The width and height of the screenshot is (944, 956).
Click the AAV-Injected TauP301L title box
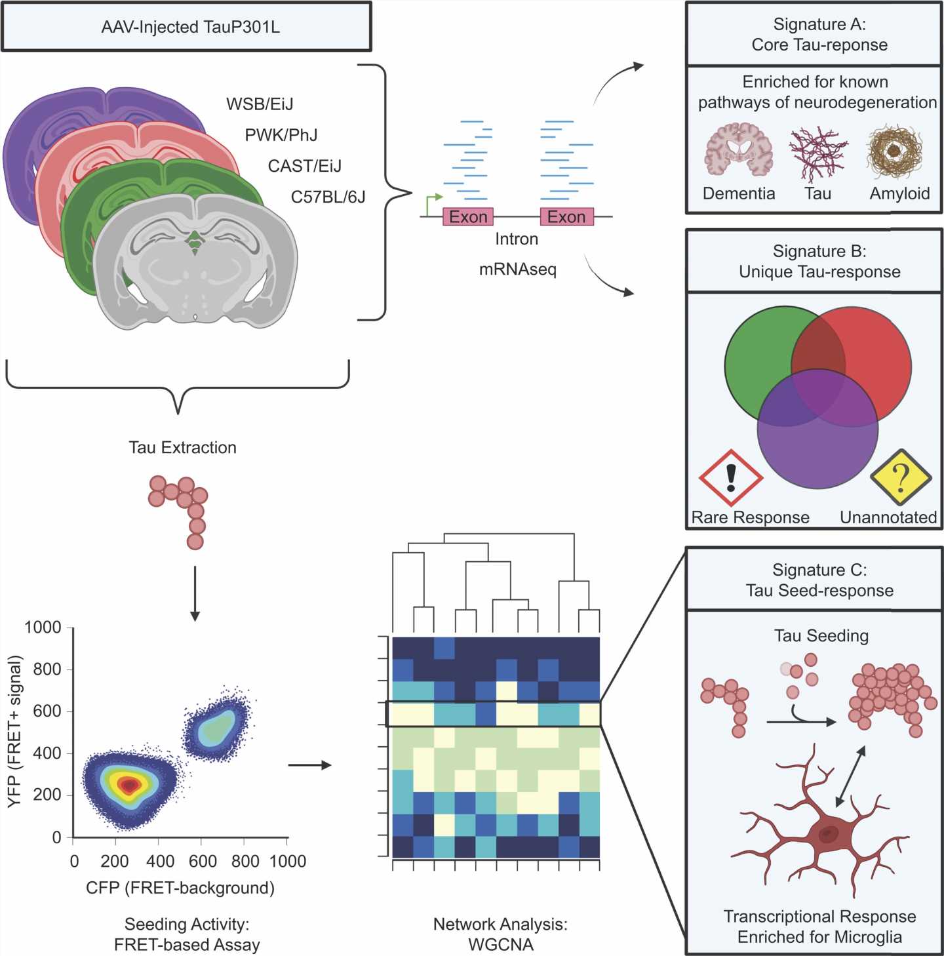coord(186,27)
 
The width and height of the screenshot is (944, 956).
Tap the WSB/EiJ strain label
coord(260,104)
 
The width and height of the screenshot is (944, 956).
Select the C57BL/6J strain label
coord(328,197)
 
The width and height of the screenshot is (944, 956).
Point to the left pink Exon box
coord(467,217)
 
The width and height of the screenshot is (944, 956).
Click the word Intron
coord(517,239)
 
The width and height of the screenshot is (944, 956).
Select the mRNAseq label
coord(517,269)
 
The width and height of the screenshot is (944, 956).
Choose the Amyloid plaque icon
coord(895,151)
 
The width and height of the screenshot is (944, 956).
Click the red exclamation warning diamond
coord(731,478)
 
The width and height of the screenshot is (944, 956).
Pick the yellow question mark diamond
coord(901,477)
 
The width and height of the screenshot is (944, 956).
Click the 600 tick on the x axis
coord(202,861)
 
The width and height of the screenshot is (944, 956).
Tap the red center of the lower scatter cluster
coord(129,784)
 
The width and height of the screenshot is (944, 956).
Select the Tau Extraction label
coord(182,448)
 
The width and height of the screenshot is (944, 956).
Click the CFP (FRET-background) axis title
coord(180,888)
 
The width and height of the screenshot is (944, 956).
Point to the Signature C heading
coord(819,580)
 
